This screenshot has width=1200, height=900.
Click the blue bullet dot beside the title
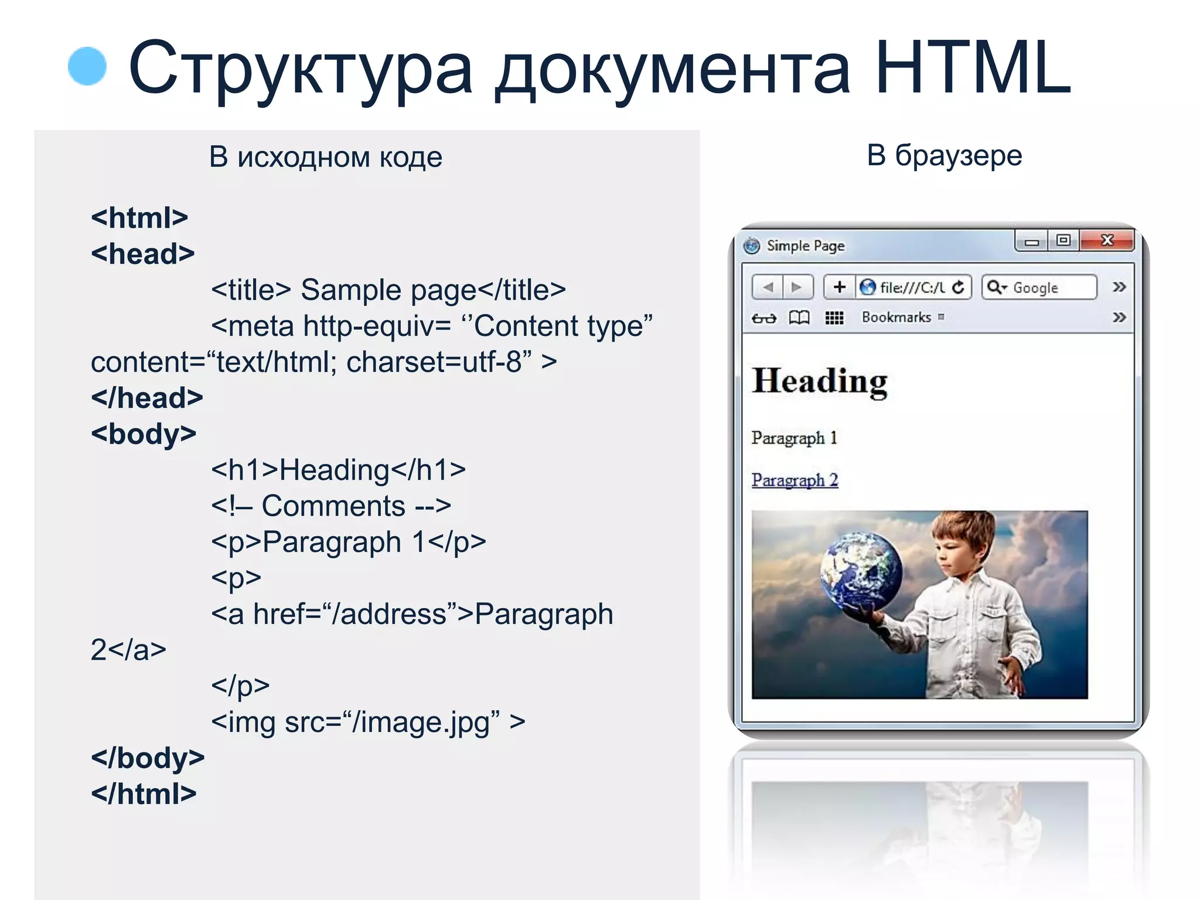click(87, 66)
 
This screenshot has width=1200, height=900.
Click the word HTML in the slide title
click(973, 68)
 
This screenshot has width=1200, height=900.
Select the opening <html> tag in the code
click(139, 218)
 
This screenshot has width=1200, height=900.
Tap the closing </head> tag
click(147, 398)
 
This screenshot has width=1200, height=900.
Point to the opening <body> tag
click(144, 434)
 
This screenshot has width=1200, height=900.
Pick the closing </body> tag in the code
click(148, 758)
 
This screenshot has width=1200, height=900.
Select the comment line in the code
click(331, 506)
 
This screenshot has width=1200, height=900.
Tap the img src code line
click(367, 722)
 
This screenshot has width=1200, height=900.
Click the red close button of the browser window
click(1107, 240)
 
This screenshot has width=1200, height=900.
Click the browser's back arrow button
click(768, 287)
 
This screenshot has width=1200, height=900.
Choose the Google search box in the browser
click(1039, 288)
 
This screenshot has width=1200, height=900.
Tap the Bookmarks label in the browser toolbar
click(896, 318)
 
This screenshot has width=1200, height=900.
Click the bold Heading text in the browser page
click(819, 381)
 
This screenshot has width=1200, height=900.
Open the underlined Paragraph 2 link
click(795, 480)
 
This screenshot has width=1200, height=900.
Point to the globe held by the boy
click(861, 571)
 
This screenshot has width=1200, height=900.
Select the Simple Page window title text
click(805, 246)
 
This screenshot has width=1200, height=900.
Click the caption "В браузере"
click(944, 156)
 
